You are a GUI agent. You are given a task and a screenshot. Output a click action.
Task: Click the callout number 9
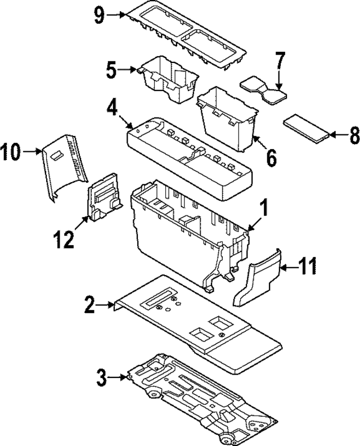click(100, 15)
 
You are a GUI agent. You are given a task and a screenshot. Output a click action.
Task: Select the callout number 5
click(111, 71)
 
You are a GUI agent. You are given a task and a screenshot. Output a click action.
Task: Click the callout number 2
click(90, 305)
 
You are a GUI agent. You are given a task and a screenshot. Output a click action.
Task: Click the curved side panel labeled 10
click(64, 164)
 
